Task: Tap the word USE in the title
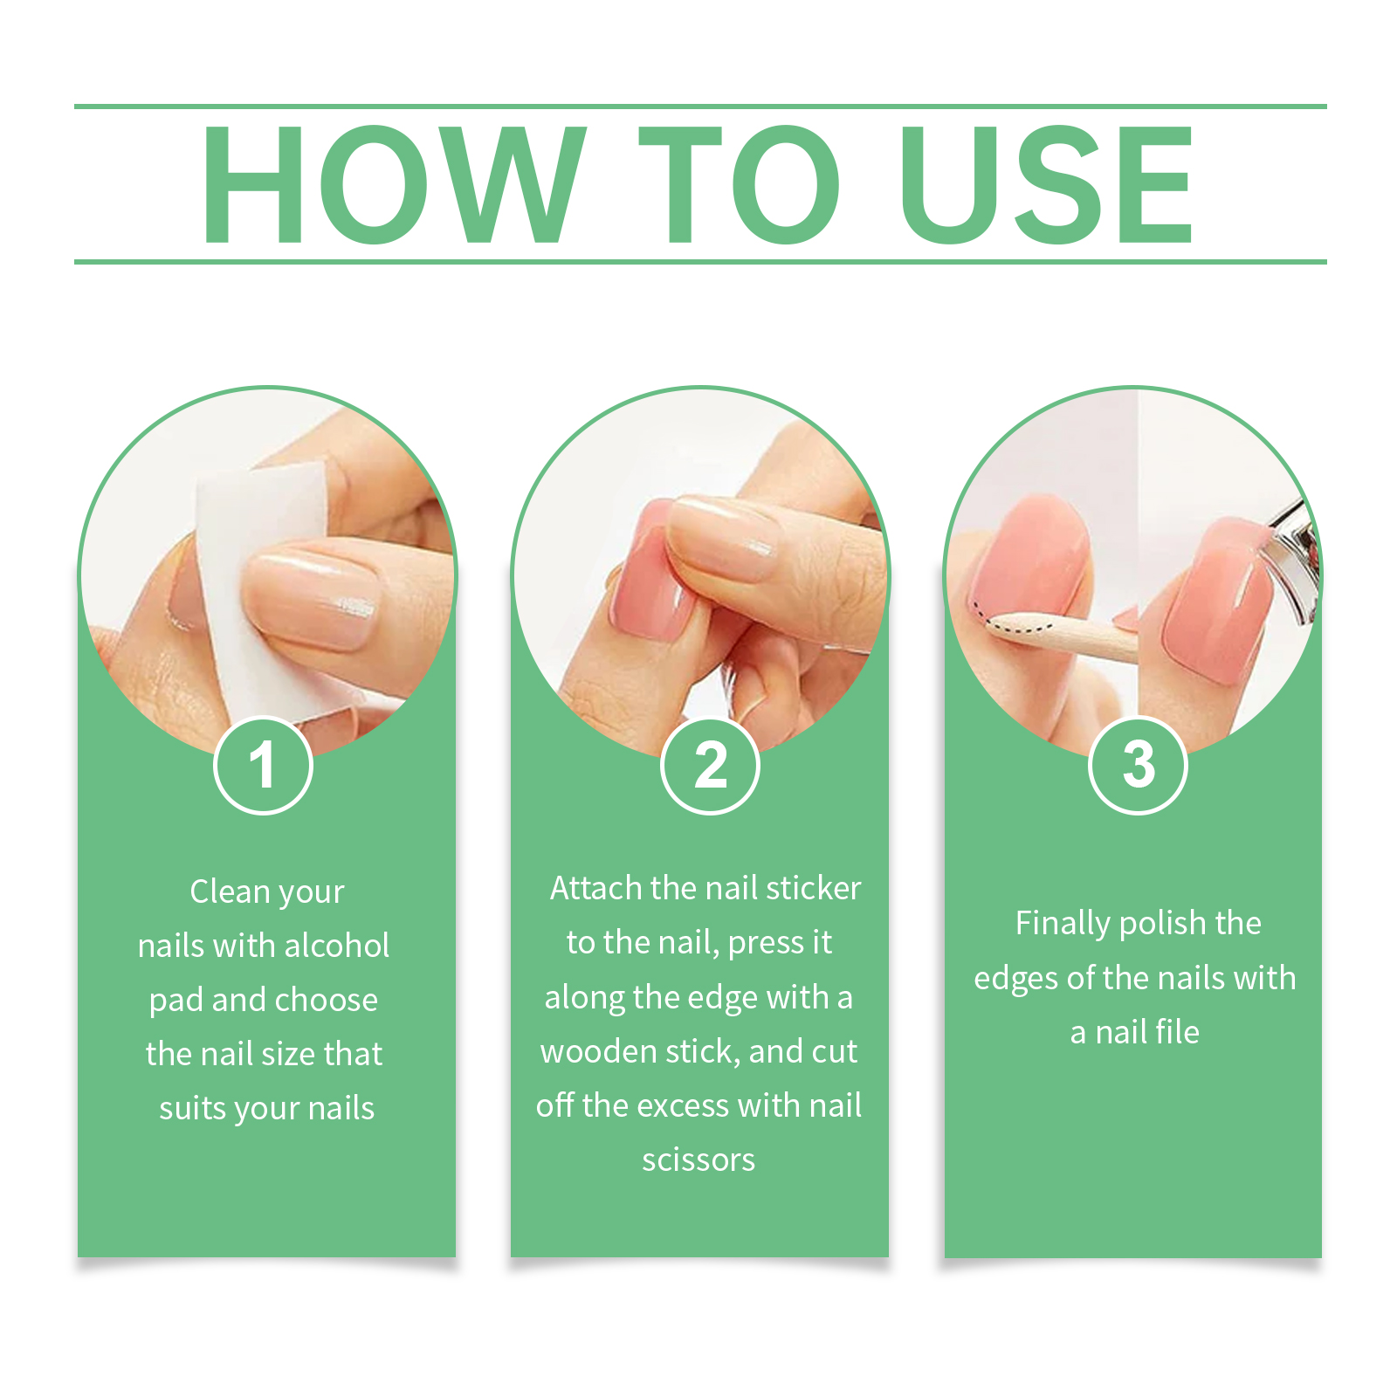[1047, 184]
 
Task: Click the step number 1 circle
[263, 766]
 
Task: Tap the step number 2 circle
[711, 766]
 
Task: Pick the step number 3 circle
[1139, 766]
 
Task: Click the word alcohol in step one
[337, 946]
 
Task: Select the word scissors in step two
[698, 1160]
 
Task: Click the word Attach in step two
[596, 888]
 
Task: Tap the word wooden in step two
[598, 1051]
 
